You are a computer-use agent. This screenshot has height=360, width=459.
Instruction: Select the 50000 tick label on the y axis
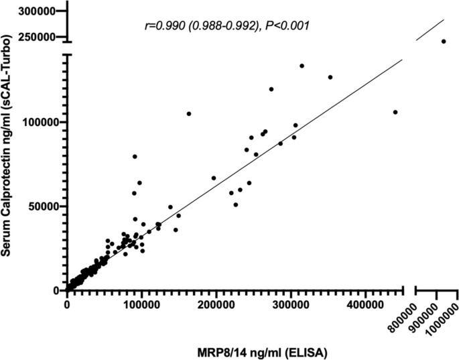coord(44,206)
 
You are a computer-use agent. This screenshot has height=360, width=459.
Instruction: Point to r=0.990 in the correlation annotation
coord(166,25)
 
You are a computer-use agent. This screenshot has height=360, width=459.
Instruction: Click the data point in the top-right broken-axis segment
coord(444,42)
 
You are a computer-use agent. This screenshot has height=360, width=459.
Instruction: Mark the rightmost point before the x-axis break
coord(395,112)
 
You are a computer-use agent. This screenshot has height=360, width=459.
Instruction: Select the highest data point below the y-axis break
coord(302,66)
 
